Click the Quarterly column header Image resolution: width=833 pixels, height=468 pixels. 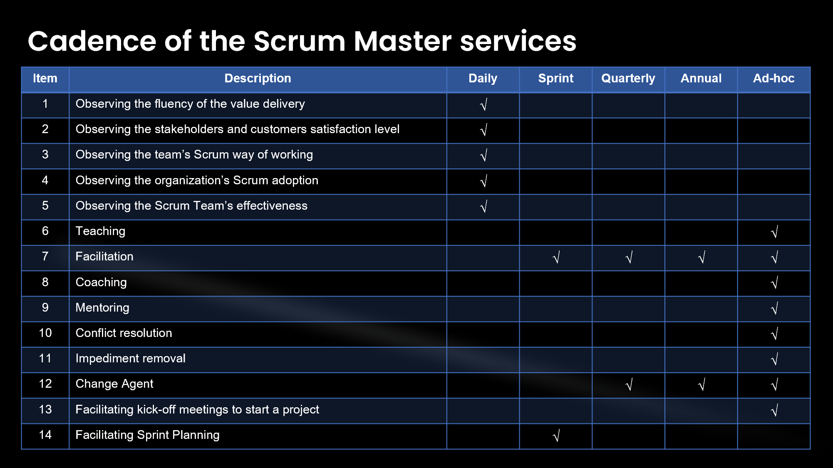[x=628, y=79]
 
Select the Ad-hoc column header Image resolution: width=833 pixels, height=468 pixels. [x=773, y=78]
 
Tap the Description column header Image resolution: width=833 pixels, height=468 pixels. [x=258, y=79]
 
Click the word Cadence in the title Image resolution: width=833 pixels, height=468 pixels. [x=92, y=41]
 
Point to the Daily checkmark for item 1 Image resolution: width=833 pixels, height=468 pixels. [x=483, y=104]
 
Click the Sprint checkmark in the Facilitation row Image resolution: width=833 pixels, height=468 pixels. [x=556, y=257]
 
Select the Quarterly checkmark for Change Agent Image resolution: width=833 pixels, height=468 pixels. [x=629, y=385]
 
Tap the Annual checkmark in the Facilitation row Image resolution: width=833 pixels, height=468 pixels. [x=702, y=257]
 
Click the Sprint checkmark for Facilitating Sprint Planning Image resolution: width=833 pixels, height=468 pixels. [x=556, y=436]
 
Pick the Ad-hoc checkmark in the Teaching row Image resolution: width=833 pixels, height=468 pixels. [x=774, y=232]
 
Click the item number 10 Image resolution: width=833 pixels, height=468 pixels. [x=45, y=333]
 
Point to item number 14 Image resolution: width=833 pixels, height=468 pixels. [x=45, y=435]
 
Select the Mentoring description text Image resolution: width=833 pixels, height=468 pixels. [x=102, y=308]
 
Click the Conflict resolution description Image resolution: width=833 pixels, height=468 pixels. [x=124, y=333]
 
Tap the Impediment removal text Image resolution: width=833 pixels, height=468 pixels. [x=130, y=359]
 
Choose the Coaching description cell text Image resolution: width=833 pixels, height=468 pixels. [x=101, y=282]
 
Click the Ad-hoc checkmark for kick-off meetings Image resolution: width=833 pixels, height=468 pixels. [x=774, y=410]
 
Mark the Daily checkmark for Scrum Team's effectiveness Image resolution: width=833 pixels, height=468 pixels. [x=483, y=206]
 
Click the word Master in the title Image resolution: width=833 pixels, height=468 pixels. [x=403, y=41]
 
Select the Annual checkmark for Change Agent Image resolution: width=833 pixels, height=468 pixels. [x=702, y=385]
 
